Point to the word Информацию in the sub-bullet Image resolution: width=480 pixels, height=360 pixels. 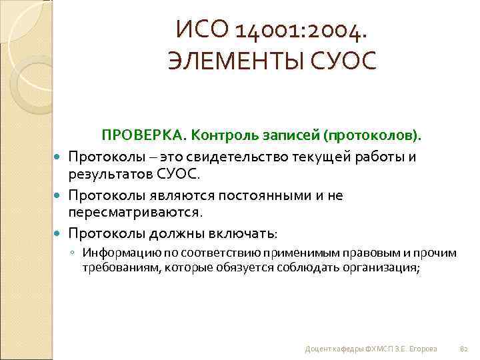pos(119,253)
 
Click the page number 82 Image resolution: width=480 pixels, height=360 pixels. pos(465,349)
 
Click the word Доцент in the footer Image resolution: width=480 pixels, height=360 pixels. pos(316,349)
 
